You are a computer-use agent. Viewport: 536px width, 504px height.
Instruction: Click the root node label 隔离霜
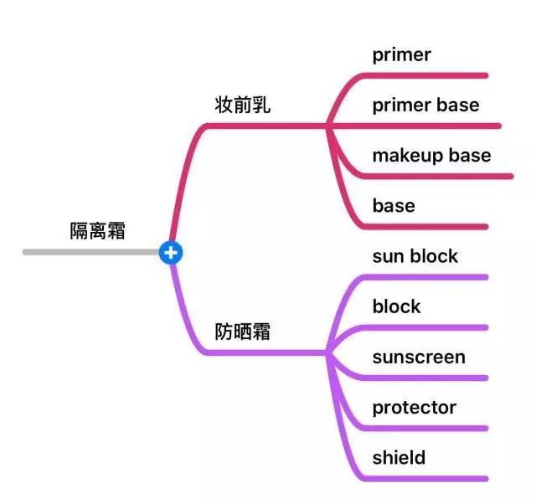(x=97, y=231)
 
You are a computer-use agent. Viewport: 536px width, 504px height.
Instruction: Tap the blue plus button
(x=171, y=251)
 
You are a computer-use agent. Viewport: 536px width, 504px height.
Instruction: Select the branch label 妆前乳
(x=243, y=106)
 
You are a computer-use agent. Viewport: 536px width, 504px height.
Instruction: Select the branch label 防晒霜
(x=243, y=332)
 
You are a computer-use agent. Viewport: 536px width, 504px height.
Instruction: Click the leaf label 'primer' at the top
(x=402, y=55)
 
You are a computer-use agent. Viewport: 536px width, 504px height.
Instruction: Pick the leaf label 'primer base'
(x=425, y=105)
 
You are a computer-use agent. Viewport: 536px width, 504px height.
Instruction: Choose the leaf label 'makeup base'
(x=431, y=156)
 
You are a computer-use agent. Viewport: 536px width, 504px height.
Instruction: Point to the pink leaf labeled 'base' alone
(x=394, y=206)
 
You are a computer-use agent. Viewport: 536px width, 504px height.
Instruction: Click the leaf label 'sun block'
(x=415, y=256)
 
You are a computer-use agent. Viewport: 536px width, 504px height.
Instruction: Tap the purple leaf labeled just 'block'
(x=397, y=306)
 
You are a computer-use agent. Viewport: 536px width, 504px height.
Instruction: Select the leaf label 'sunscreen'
(x=419, y=357)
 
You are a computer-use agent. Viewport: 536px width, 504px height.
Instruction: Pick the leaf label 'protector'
(x=415, y=408)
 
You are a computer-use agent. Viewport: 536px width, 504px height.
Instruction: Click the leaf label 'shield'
(x=399, y=458)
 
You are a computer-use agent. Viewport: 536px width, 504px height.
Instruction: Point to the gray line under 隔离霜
(x=92, y=251)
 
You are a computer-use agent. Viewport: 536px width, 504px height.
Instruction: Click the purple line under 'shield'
(x=427, y=479)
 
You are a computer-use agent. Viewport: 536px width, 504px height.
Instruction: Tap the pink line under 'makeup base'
(x=444, y=177)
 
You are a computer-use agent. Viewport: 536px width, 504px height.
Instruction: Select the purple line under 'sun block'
(x=427, y=277)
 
